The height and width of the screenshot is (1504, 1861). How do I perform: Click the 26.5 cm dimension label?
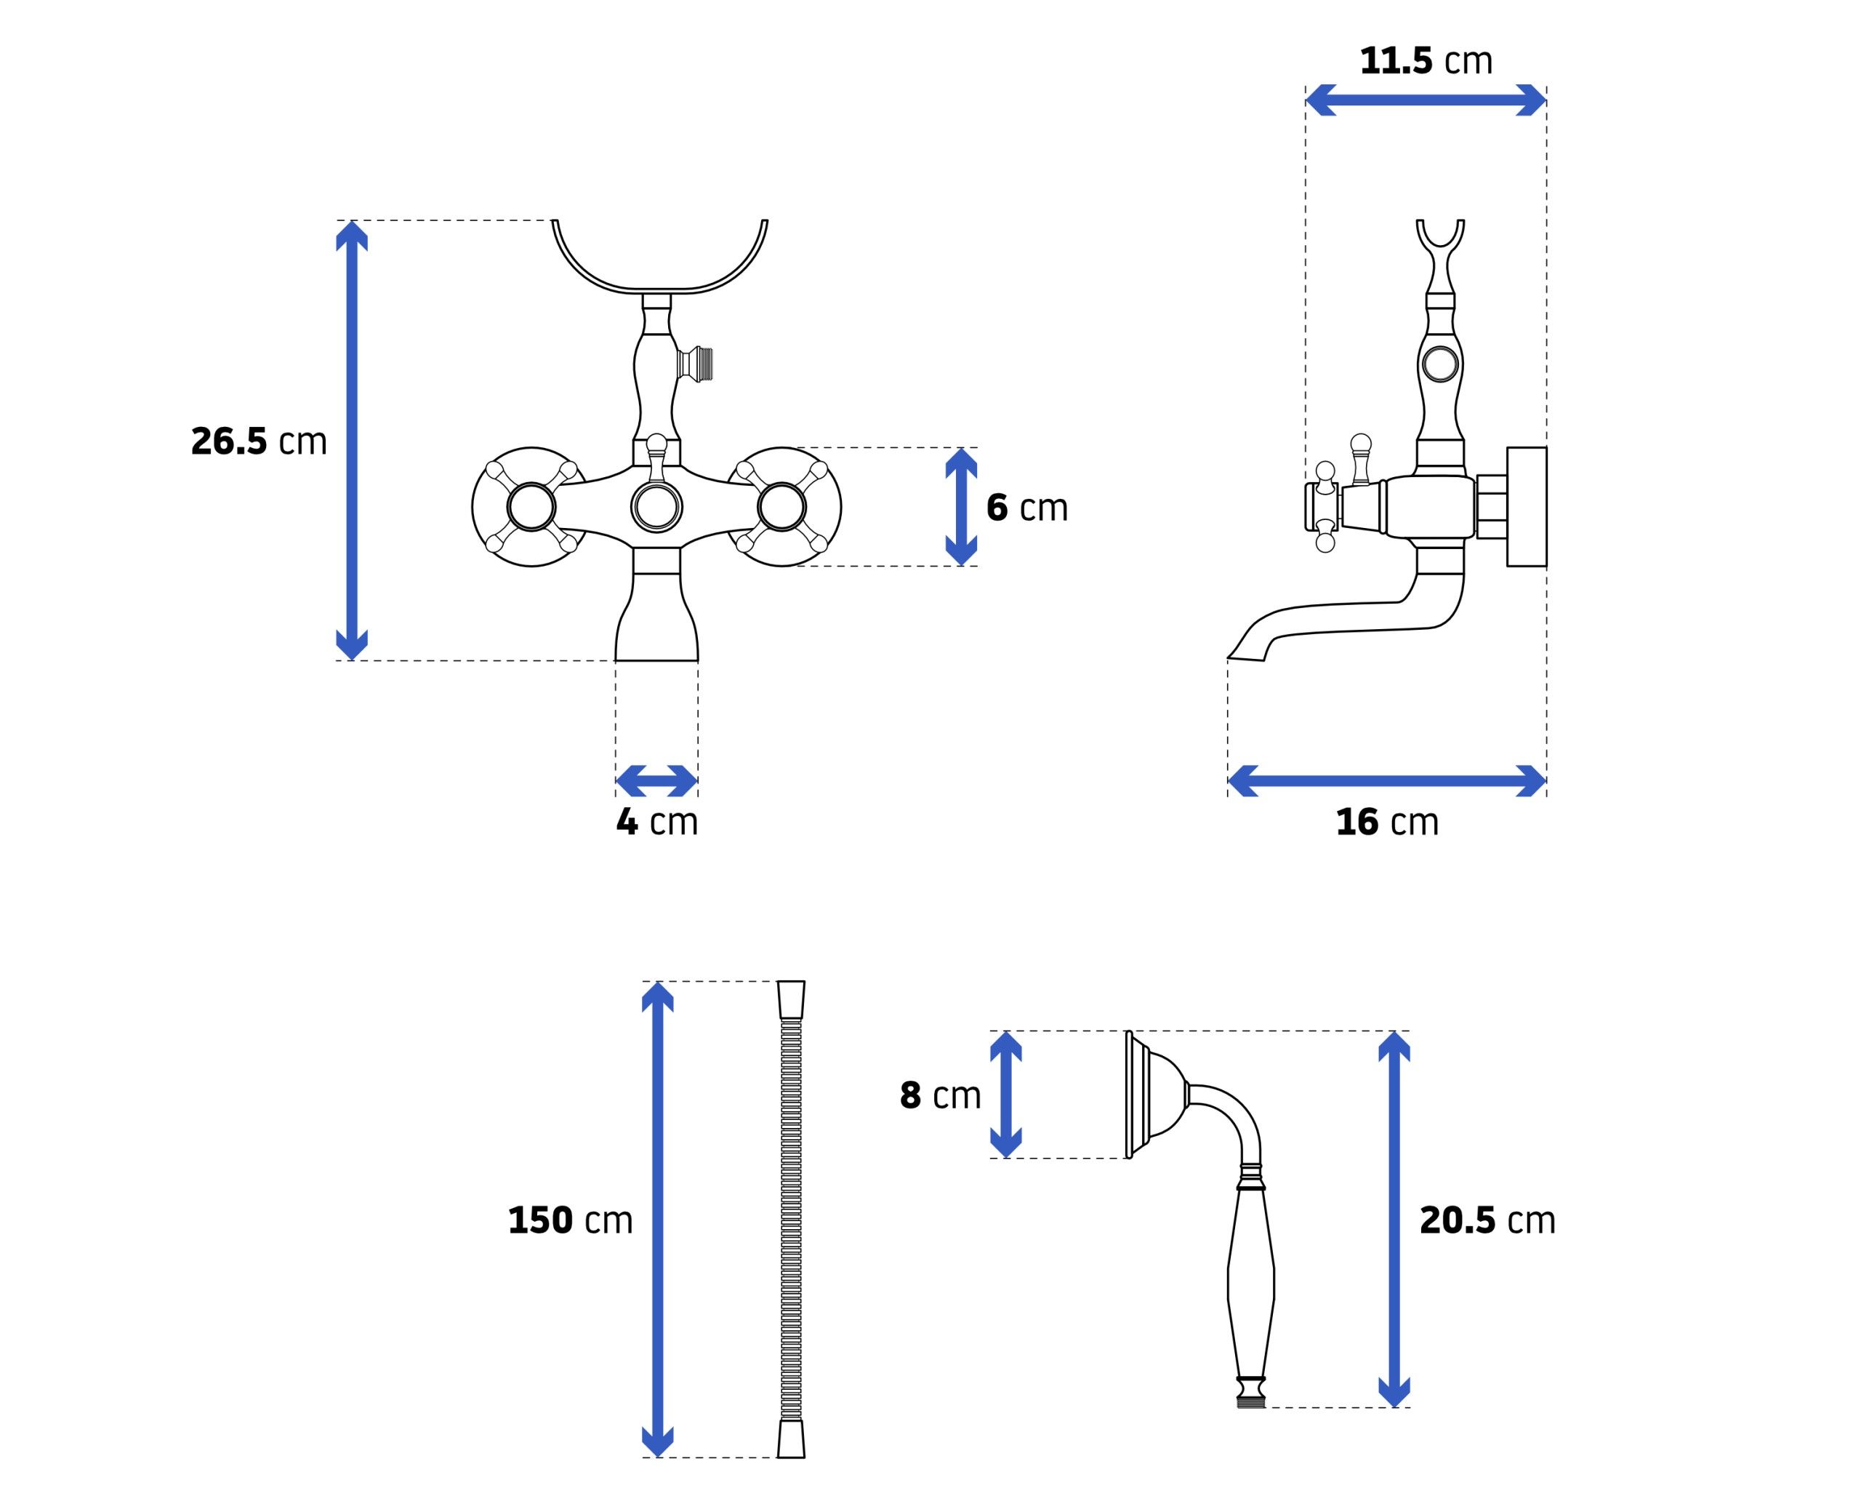(259, 441)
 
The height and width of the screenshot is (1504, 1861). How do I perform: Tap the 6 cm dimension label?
(1027, 508)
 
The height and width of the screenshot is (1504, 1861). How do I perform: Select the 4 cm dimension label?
(657, 821)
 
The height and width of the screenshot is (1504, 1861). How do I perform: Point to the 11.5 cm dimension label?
(1426, 60)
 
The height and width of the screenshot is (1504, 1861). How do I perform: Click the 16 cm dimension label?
(1387, 821)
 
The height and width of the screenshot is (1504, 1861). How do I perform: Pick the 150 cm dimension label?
(570, 1220)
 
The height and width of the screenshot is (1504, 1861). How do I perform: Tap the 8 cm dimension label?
(941, 1096)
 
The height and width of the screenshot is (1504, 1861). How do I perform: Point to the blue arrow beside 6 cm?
(961, 507)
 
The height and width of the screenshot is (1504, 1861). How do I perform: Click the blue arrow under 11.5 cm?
(1426, 100)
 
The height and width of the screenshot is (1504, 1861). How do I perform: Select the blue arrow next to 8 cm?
(1005, 1095)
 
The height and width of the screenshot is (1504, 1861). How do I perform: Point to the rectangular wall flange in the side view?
(1527, 507)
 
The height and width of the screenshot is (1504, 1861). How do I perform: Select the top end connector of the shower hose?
(791, 1000)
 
